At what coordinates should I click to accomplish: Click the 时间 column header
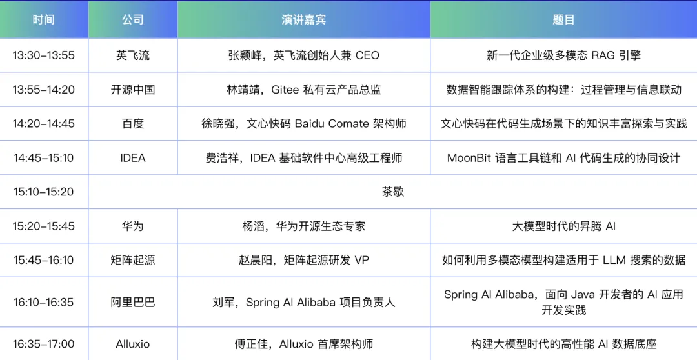pos(44,19)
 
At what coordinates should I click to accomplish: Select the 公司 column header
pos(133,19)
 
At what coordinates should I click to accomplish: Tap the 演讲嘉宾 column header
pos(303,19)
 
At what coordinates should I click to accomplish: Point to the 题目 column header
pos(563,19)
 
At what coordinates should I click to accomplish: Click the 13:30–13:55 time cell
pos(44,55)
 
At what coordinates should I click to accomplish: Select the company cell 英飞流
pos(133,55)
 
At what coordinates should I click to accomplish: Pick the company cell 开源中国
pos(133,89)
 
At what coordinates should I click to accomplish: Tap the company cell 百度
pos(133,124)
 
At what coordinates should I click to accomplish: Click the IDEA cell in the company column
pos(133,158)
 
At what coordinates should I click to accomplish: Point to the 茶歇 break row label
pos(393,192)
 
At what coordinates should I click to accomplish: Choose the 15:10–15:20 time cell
pos(44,192)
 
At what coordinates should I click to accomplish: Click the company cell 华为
pos(133,226)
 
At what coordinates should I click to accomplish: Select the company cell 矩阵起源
pos(133,260)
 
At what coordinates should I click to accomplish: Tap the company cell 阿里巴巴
pos(133,302)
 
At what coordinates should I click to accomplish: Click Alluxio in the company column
pos(133,344)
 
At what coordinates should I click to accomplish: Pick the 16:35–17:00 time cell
pos(44,344)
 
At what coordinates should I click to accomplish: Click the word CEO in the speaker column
pos(367,55)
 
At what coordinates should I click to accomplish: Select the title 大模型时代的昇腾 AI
pos(563,226)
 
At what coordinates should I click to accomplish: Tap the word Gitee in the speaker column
pos(285,89)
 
